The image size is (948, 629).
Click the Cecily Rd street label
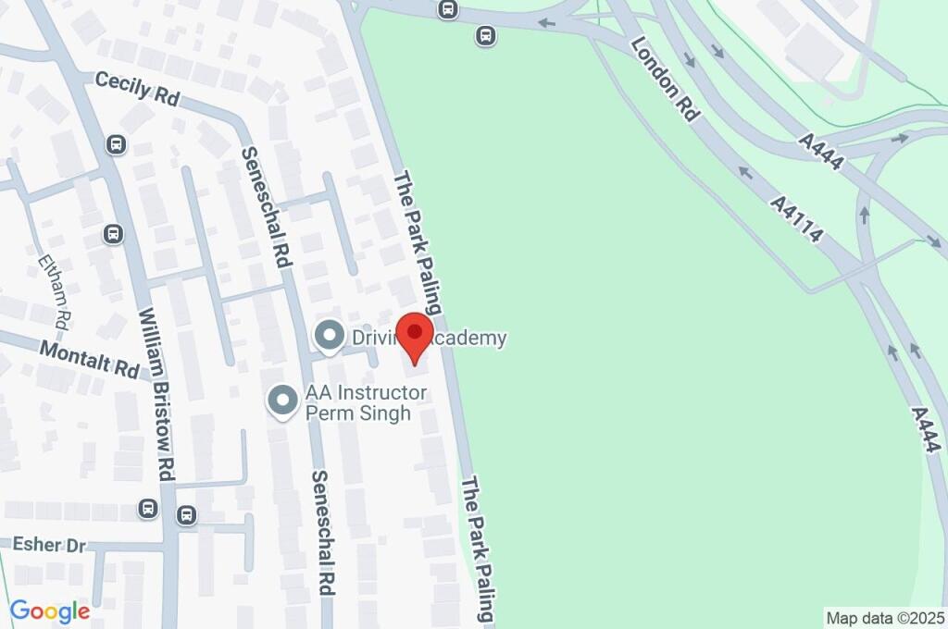tap(138, 91)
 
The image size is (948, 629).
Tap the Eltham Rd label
tap(54, 290)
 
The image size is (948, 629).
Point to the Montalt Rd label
tap(88, 358)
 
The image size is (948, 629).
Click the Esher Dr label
tap(48, 545)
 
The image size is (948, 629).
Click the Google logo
tap(49, 611)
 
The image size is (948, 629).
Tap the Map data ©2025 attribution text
tap(884, 617)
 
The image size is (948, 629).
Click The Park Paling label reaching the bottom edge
tap(480, 549)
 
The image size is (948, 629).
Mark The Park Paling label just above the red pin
tap(418, 242)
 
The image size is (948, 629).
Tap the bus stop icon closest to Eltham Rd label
tap(114, 234)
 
